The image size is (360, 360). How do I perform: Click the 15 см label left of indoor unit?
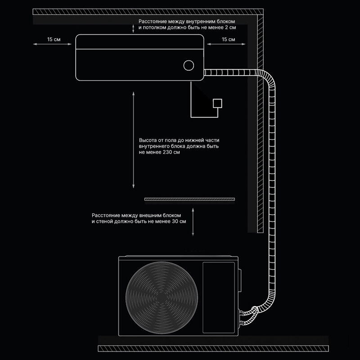[54, 40]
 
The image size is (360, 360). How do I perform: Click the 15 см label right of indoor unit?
[228, 40]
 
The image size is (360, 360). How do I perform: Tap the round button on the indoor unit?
[189, 65]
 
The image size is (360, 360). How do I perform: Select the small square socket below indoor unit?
[218, 103]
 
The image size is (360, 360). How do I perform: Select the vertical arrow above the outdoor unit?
[193, 222]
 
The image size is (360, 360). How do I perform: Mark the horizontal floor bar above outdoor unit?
[190, 199]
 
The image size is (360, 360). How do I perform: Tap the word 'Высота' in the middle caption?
[148, 140]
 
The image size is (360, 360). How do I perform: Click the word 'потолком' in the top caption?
[156, 27]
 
